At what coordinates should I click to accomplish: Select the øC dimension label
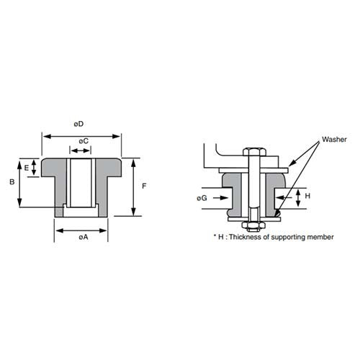tap(84, 140)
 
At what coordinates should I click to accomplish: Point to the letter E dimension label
tap(27, 168)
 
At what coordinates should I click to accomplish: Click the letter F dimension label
tap(144, 186)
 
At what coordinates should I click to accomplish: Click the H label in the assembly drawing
tap(307, 195)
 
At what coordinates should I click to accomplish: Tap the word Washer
tap(335, 140)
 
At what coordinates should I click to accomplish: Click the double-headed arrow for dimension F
tap(133, 186)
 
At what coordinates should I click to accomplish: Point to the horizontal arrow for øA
tap(82, 230)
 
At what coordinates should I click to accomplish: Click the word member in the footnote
tap(320, 236)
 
